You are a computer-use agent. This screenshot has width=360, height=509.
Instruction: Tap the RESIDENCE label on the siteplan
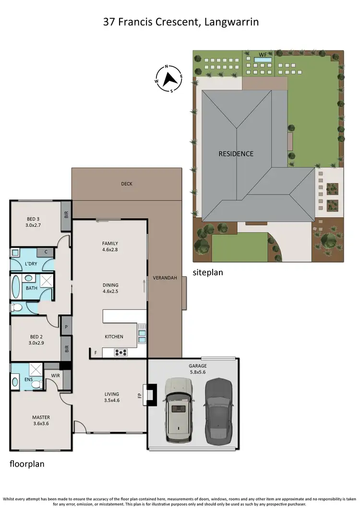pos(236,154)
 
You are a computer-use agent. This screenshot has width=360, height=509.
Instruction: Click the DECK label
pos(127,184)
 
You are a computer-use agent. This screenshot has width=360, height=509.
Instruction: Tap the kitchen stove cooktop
pos(120,352)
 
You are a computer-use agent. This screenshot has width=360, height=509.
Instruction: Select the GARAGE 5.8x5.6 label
pos(197,369)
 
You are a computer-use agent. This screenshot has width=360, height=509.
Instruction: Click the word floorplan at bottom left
pos(27,465)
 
